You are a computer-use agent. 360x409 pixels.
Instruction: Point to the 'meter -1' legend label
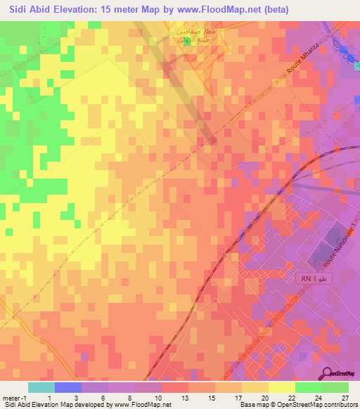pos(14,398)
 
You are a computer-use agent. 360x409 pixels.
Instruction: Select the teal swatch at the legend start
pos(41,387)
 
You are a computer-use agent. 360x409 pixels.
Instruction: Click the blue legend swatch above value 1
pos(68,387)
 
